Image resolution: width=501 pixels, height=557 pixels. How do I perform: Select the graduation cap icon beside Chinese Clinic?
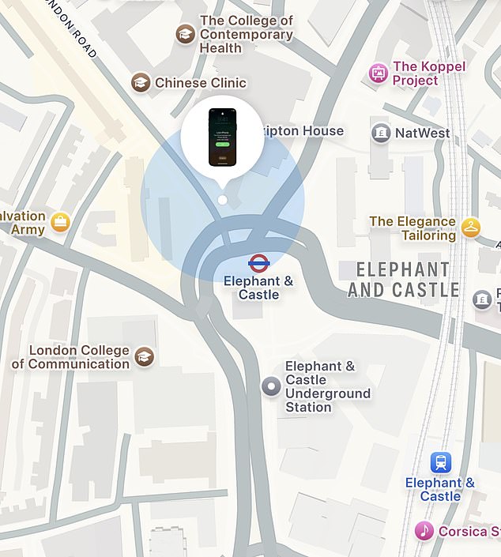click(141, 82)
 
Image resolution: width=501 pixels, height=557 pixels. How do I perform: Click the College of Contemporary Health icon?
click(185, 34)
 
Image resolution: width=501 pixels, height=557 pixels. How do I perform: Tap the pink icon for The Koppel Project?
click(379, 73)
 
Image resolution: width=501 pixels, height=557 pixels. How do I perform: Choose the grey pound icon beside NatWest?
click(381, 133)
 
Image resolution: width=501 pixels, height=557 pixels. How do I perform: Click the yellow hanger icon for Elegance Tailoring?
click(471, 228)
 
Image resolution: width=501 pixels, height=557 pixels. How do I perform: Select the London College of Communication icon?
click(144, 356)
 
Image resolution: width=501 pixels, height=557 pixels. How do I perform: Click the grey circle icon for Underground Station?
click(271, 386)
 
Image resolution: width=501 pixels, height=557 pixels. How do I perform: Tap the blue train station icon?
click(440, 462)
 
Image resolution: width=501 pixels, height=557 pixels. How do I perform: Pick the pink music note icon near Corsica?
click(424, 530)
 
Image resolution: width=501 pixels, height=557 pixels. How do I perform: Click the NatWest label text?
click(423, 133)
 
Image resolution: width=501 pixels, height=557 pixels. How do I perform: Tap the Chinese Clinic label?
click(201, 83)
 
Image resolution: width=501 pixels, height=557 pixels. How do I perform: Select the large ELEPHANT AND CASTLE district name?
click(403, 280)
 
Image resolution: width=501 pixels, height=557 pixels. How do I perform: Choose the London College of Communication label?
click(72, 357)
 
